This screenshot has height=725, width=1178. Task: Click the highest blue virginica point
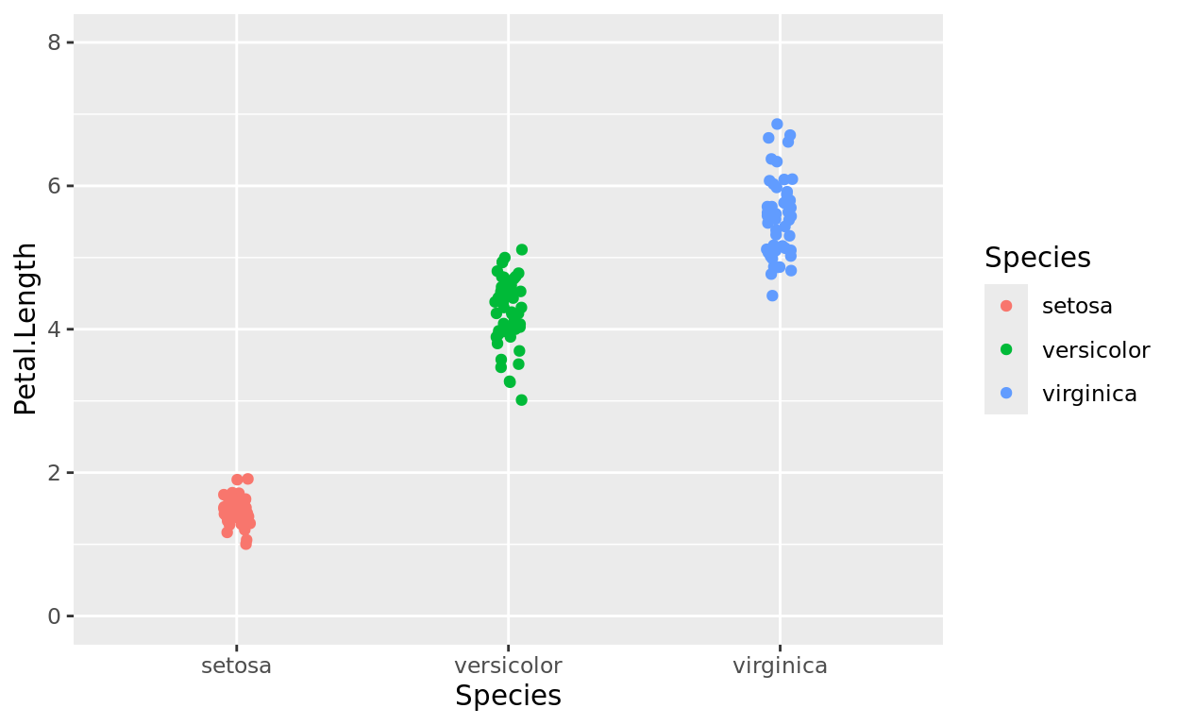tap(777, 125)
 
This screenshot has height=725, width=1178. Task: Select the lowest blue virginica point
tap(772, 295)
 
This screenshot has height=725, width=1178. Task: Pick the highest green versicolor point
tap(521, 250)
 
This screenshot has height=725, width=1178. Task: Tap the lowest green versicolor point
tap(521, 400)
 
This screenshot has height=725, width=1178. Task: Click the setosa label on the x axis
tap(236, 666)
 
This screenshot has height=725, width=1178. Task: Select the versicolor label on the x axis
tap(508, 666)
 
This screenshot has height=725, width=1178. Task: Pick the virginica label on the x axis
tap(780, 666)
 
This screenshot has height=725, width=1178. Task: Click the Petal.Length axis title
tap(26, 329)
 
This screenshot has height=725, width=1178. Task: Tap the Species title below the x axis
tap(508, 696)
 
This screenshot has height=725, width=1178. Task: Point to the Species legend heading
tap(1037, 258)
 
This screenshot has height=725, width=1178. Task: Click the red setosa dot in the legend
tap(1006, 306)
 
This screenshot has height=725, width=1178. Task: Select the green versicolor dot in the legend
tap(1006, 350)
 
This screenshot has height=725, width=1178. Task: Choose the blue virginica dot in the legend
tap(1006, 394)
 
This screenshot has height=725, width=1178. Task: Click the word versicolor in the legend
tap(1096, 350)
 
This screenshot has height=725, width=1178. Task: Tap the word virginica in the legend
tap(1089, 394)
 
